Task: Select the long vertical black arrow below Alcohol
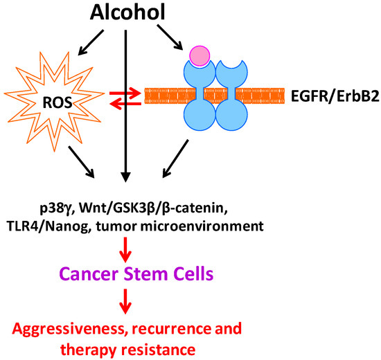125,104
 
